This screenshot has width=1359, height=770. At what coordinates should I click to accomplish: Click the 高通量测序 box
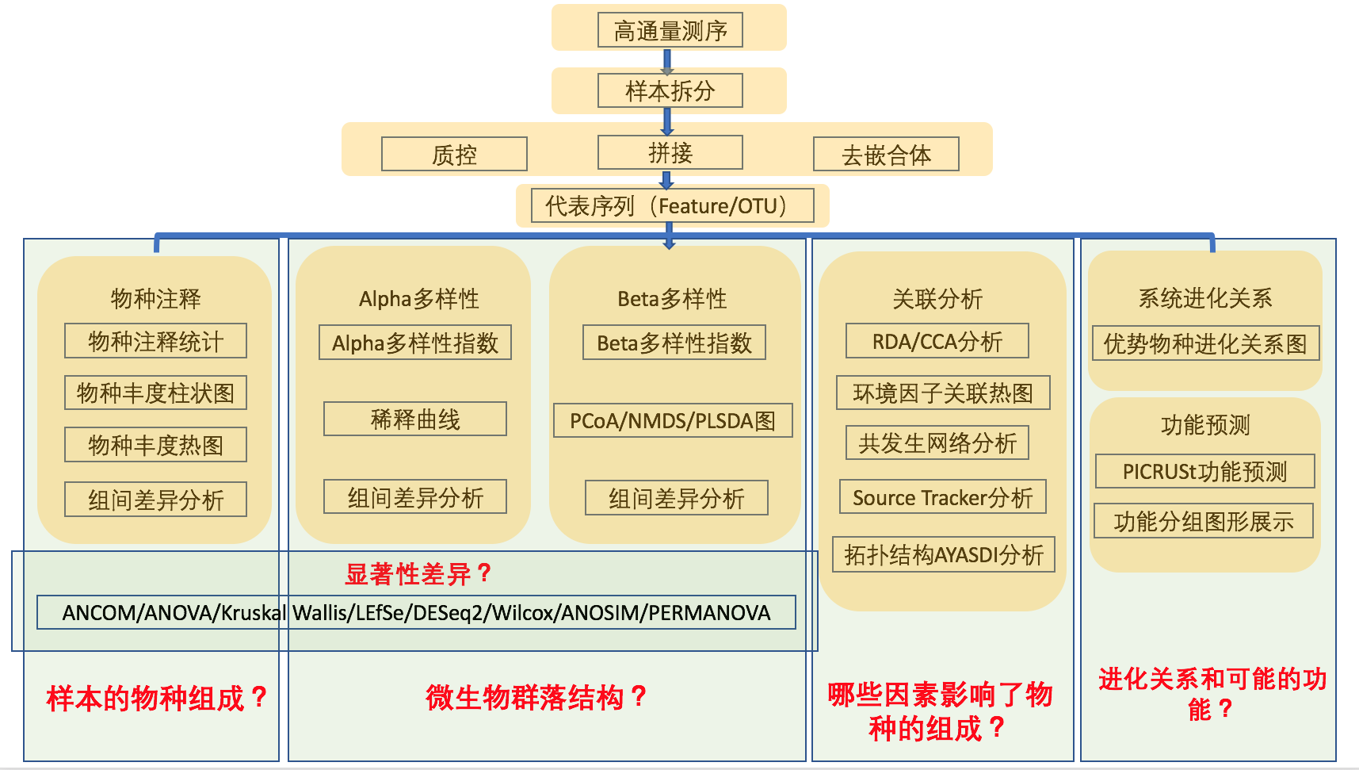[x=670, y=30]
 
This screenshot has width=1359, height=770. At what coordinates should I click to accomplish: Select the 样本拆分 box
[x=670, y=90]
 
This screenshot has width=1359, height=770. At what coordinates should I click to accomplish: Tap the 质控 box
[x=454, y=154]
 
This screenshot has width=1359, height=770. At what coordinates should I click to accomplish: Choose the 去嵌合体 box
[x=886, y=154]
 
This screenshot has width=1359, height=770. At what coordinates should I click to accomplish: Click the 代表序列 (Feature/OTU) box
[x=672, y=205]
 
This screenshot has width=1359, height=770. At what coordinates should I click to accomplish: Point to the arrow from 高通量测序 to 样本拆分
[x=667, y=61]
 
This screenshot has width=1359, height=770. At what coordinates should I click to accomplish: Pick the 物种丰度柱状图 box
[x=155, y=393]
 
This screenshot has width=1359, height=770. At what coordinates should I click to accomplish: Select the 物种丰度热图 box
[x=155, y=445]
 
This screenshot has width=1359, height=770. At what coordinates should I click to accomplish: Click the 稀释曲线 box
[x=414, y=419]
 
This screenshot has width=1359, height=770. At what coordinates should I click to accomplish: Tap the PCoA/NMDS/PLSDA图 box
[x=672, y=420]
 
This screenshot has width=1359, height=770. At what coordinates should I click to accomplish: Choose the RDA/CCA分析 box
[x=937, y=341]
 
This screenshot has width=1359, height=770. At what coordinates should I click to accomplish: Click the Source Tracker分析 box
[x=942, y=497]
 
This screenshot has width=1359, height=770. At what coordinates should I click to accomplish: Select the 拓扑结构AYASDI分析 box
[x=943, y=554]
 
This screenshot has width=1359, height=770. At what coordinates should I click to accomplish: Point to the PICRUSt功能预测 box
[x=1204, y=471]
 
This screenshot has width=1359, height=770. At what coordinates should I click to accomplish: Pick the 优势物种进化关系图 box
[x=1204, y=343]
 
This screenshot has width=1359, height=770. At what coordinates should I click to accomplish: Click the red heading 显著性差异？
[x=418, y=573]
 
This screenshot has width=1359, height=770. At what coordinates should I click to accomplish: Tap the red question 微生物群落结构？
[x=536, y=698]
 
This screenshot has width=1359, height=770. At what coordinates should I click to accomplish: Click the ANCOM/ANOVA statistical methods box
[x=416, y=612]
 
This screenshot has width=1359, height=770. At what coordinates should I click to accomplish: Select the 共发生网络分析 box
[x=937, y=443]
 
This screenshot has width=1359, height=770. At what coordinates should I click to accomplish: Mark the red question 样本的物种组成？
[x=156, y=698]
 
